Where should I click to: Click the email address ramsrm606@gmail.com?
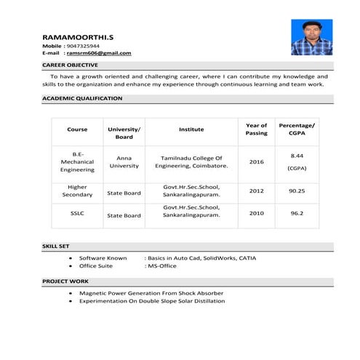pyautogui.click(x=99, y=53)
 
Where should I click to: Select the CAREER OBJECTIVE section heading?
pyautogui.click(x=68, y=65)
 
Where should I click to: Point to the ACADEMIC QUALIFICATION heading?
pyautogui.click(x=82, y=98)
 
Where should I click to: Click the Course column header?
pyautogui.click(x=77, y=129)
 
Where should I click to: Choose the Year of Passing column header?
pyautogui.click(x=256, y=129)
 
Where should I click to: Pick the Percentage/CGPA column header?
pyautogui.click(x=297, y=129)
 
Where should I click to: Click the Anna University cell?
pyautogui.click(x=124, y=161)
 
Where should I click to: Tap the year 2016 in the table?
pyautogui.click(x=256, y=161)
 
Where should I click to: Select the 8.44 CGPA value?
pyautogui.click(x=297, y=156)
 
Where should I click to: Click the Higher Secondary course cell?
pyautogui.click(x=77, y=191)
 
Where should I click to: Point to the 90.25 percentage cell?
pyautogui.click(x=297, y=191)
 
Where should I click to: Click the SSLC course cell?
pyautogui.click(x=77, y=214)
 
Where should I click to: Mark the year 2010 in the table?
pyautogui.click(x=256, y=214)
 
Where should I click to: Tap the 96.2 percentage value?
pyautogui.click(x=297, y=214)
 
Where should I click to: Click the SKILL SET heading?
pyautogui.click(x=56, y=247)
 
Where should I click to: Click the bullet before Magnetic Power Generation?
pyautogui.click(x=70, y=293)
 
